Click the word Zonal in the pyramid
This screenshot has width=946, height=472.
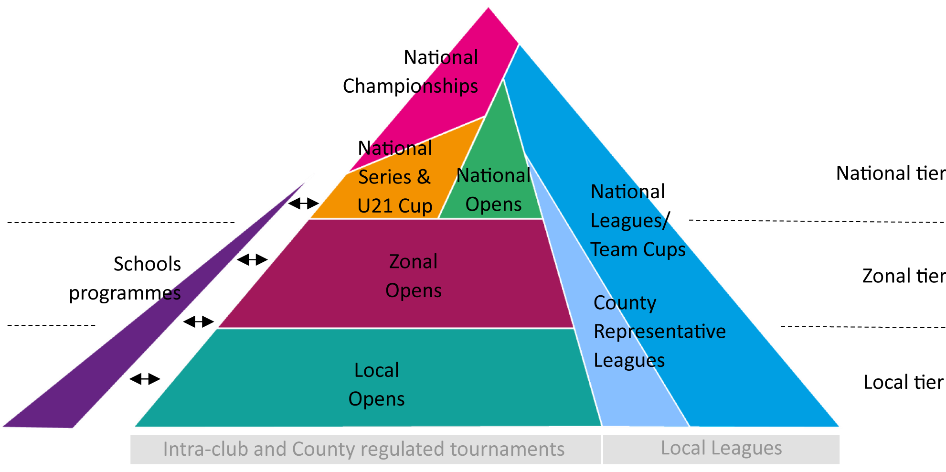click(x=413, y=262)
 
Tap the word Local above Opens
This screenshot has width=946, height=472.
click(x=376, y=370)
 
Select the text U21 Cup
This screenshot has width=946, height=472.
click(x=394, y=206)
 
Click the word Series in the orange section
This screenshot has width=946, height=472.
click(x=384, y=177)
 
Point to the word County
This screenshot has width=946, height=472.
click(x=625, y=303)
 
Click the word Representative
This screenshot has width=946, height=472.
click(x=659, y=332)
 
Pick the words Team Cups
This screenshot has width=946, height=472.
click(x=638, y=249)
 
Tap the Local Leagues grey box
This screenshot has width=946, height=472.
click(x=721, y=449)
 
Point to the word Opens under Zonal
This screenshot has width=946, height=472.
click(x=414, y=290)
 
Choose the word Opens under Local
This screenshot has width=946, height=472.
click(x=376, y=399)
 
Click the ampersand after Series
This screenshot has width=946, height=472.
click(x=424, y=177)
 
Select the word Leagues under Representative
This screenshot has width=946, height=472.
click(x=629, y=360)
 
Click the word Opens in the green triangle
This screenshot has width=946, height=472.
click(x=493, y=204)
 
